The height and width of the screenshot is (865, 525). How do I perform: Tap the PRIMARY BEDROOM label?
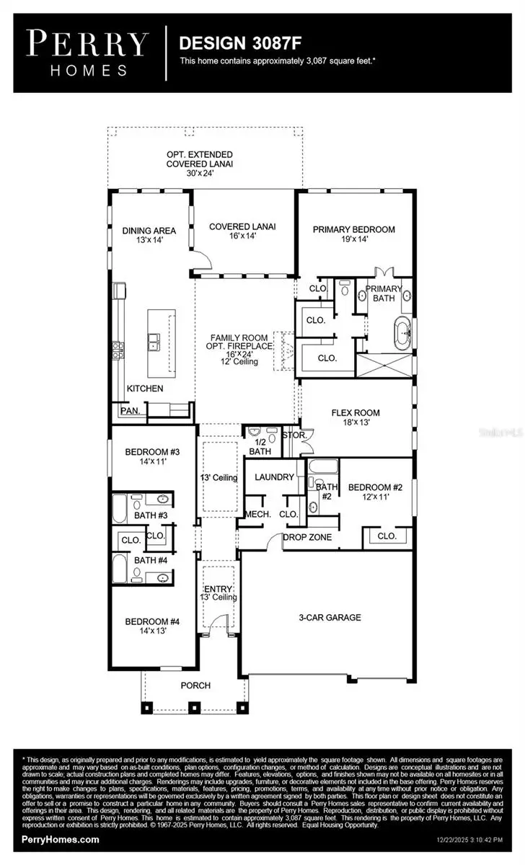(353, 229)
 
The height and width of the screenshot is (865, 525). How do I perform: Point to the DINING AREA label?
(150, 231)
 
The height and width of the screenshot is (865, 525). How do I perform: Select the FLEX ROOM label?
(355, 413)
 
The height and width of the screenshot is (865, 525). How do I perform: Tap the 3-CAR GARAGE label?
(330, 617)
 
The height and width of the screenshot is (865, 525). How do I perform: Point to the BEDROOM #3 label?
(152, 452)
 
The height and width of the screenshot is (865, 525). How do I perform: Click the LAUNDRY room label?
(274, 476)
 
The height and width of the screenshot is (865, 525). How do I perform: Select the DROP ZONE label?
(307, 537)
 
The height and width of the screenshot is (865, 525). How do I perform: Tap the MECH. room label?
(257, 514)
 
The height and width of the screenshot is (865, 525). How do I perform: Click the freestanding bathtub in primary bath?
(400, 336)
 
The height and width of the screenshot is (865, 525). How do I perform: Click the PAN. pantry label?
(131, 410)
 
